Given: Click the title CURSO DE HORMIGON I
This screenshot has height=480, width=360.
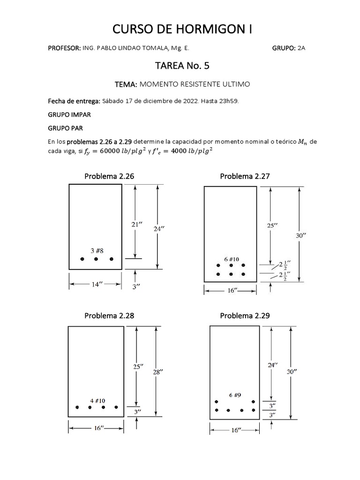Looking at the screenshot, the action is pos(182,29).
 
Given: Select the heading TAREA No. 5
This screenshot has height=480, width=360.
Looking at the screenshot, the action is pos(182,66).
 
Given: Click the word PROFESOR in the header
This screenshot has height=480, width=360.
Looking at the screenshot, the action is pos(64,48).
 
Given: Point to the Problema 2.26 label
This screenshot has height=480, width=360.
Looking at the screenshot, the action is pos(109,176).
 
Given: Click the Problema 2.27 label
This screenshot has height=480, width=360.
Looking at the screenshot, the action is pos(245,176).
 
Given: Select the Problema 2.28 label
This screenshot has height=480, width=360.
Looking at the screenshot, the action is pos(109,315).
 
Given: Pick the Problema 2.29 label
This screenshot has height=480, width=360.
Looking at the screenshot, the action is pos(245,315).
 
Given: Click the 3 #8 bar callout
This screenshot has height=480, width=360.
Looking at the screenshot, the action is pos(97,251).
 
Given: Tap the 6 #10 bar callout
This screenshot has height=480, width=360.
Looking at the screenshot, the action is pos(232,259).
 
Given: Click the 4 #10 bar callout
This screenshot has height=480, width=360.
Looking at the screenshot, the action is pos(97,401).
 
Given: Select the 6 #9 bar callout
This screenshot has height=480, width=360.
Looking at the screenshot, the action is pos(235,395).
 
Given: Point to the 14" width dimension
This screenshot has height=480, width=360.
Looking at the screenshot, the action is pos(96,285).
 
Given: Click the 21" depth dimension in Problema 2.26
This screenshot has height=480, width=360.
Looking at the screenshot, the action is pos(137,225).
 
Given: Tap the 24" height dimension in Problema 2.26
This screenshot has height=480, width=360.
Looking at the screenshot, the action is pos(159,229).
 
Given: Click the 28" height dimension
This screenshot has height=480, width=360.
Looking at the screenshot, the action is pos(158,372).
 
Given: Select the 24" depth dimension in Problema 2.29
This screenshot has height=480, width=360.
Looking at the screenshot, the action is pos(273,365).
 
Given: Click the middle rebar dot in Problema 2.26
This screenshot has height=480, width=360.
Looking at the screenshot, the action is pos(96,259).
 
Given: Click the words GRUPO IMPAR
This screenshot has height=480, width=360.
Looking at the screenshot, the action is pos(69,115).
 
